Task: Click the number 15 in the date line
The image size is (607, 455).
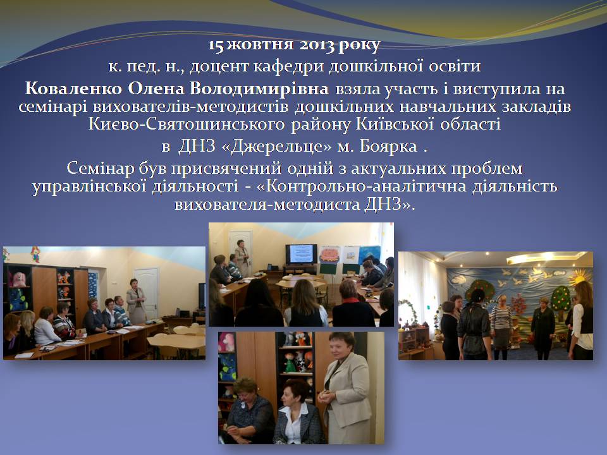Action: click(215, 45)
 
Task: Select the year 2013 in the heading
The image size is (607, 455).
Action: click(317, 45)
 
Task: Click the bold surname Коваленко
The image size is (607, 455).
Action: click(73, 89)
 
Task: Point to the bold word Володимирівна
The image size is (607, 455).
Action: click(259, 89)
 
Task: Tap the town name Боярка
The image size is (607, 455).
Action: click(388, 146)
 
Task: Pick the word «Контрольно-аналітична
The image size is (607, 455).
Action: click(361, 186)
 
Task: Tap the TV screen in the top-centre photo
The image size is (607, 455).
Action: click(301, 253)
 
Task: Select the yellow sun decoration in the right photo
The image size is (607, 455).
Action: click(579, 276)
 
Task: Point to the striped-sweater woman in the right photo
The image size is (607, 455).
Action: click(501, 325)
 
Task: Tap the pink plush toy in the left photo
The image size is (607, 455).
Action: click(17, 279)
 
